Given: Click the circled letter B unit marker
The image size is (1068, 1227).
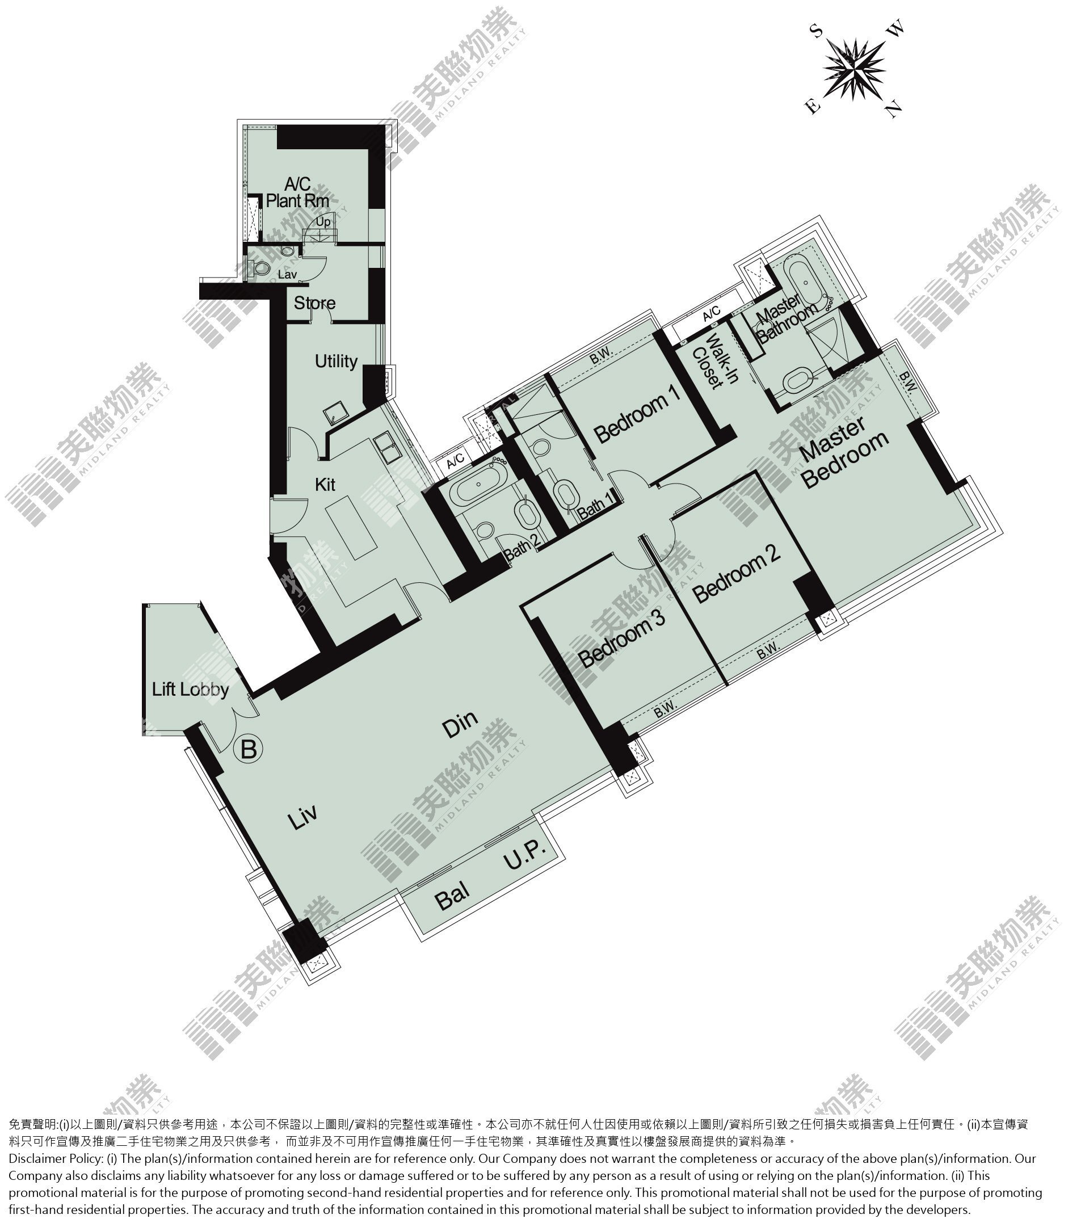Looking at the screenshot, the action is pos(249,749).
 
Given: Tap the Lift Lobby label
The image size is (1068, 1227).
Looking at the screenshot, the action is pos(190,690).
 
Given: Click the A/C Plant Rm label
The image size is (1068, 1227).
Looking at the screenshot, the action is pos(297,192).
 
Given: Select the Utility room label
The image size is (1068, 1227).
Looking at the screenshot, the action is pos(336,361).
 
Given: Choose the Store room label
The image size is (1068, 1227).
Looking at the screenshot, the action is pos(315,302).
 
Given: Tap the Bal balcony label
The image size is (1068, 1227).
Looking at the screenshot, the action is pos(452,896).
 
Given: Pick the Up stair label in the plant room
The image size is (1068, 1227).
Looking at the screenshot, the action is pos(323,222).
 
